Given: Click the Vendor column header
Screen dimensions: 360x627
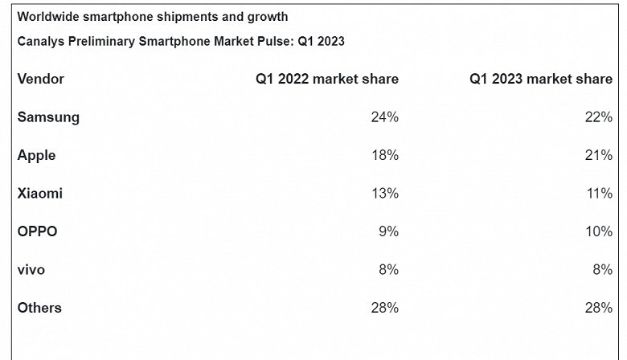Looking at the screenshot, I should click(x=41, y=79).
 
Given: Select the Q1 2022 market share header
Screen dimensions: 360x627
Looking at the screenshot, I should click(x=327, y=79).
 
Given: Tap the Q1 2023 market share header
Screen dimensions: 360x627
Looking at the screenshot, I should click(x=541, y=79).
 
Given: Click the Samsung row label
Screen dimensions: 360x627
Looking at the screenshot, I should click(x=48, y=117).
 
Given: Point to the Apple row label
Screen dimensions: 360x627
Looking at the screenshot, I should click(x=36, y=155).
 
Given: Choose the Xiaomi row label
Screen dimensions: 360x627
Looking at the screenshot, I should click(x=39, y=194).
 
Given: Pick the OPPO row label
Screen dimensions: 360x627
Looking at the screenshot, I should click(x=37, y=231).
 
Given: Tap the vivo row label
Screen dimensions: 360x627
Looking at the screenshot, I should click(x=31, y=270).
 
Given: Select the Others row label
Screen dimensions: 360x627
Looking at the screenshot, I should click(x=39, y=308).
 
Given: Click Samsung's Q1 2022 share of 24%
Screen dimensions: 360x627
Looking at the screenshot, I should click(x=384, y=117).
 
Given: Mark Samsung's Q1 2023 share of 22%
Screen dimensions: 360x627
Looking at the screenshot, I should click(x=598, y=117).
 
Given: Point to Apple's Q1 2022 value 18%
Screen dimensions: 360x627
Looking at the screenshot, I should click(x=384, y=155).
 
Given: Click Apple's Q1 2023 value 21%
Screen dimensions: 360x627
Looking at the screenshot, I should click(x=598, y=155).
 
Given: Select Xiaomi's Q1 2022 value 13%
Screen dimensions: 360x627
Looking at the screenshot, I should click(x=384, y=194).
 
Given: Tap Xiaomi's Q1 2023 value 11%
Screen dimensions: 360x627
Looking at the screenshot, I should click(x=598, y=194).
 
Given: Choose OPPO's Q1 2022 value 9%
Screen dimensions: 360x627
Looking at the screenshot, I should click(x=388, y=231).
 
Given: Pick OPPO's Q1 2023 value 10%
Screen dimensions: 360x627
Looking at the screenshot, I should click(x=598, y=231).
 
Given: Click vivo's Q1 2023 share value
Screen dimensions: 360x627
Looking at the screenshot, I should click(x=602, y=270).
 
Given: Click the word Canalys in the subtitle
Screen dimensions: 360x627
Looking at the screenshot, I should click(x=39, y=42).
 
